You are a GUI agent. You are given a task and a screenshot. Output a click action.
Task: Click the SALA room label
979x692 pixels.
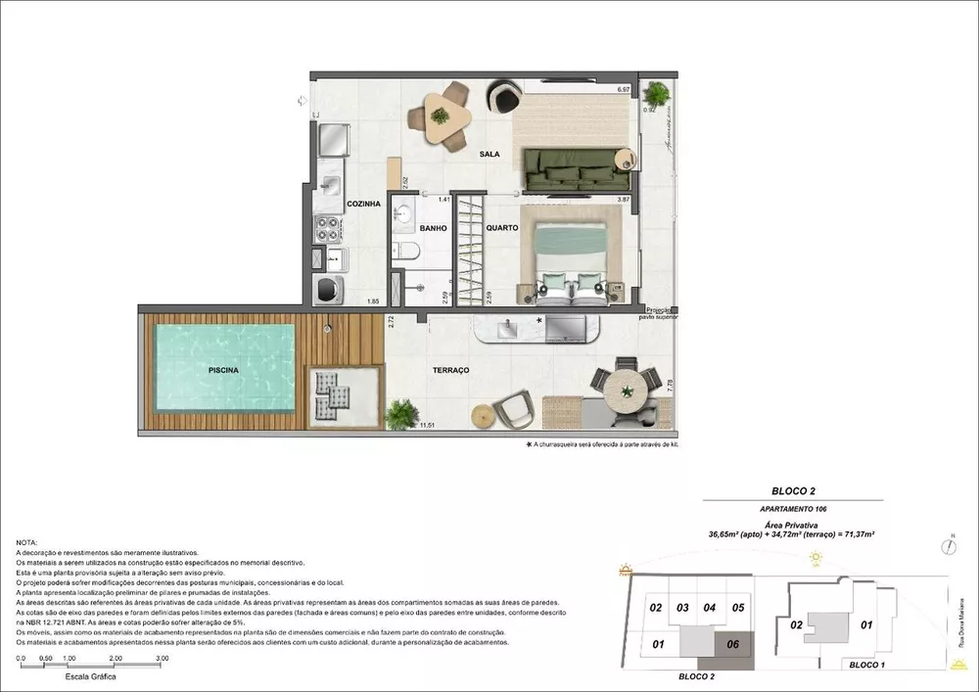490,155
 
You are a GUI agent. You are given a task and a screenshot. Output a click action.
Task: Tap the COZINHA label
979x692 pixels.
336,204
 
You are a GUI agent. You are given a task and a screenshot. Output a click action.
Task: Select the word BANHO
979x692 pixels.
433,228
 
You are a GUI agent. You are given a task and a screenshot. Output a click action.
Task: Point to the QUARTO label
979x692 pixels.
501,228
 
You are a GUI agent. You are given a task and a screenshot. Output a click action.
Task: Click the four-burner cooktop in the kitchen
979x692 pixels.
326,230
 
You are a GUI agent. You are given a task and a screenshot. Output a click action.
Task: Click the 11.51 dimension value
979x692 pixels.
426,426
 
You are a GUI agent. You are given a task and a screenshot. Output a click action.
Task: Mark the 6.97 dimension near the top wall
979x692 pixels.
623,90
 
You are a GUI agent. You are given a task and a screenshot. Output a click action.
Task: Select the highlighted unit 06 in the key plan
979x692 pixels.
728,644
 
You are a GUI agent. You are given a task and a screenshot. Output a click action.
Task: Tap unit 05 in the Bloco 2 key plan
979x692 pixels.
738,608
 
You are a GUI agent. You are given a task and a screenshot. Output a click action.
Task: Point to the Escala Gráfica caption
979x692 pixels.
90,676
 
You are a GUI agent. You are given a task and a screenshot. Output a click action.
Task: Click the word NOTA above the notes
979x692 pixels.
28,542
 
